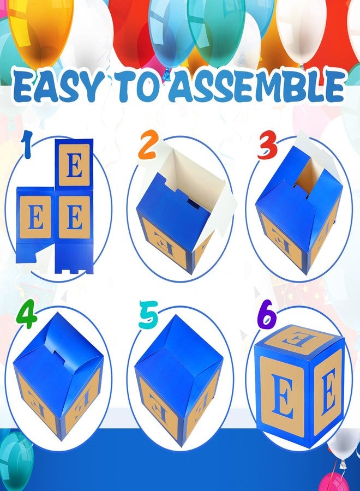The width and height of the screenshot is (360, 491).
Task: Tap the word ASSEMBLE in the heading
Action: click(x=264, y=87)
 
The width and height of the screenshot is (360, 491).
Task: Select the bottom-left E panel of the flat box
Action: click(x=34, y=219)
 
